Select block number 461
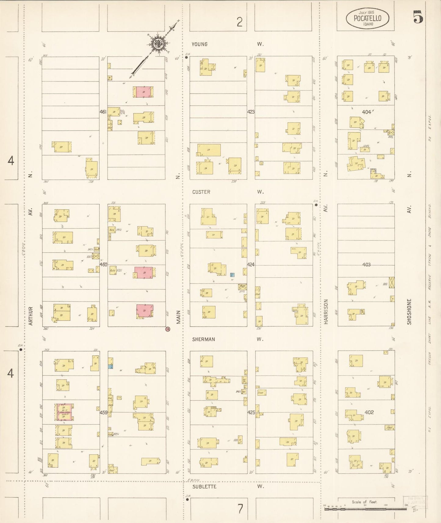click(103, 112)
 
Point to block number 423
click(251, 112)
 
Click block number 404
click(366, 112)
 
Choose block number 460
click(103, 265)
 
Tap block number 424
click(251, 265)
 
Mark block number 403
click(366, 265)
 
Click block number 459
click(103, 413)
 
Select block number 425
click(251, 413)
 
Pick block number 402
click(369, 412)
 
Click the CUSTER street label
click(201, 192)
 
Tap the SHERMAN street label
click(204, 339)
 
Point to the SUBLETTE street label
click(204, 487)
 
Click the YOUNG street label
click(200, 44)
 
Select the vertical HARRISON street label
click(326, 311)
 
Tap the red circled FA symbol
click(168, 329)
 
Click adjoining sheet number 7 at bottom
click(240, 509)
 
